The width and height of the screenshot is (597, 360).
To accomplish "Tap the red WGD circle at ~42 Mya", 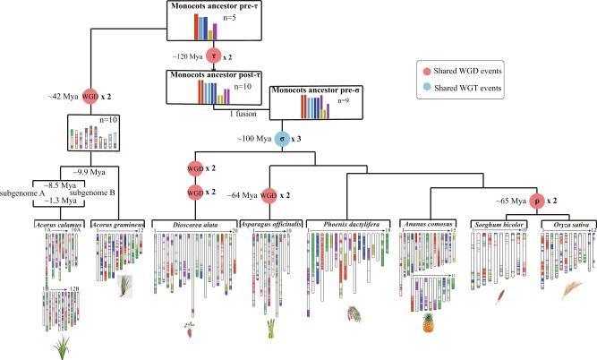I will coord(90,95).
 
